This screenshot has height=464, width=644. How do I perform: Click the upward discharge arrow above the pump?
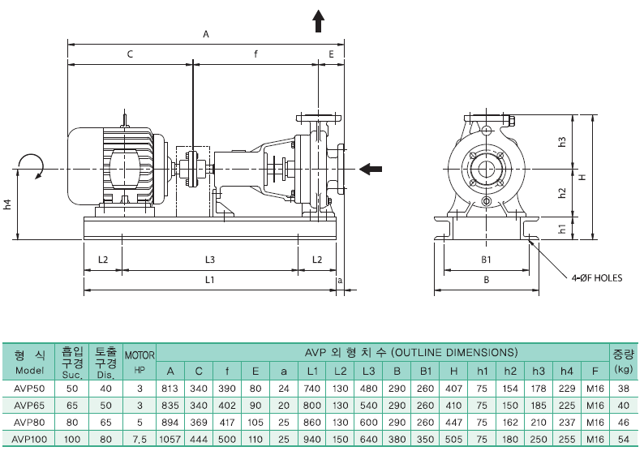319,21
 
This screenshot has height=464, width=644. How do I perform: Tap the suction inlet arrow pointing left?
371,169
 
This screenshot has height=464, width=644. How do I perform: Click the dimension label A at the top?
206,34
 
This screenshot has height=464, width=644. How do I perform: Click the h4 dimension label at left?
7,205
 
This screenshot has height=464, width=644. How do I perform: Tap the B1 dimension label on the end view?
486,260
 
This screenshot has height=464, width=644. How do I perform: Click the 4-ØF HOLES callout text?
596,277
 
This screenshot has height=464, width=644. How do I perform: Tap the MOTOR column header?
140,354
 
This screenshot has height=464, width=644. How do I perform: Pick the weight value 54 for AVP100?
623,439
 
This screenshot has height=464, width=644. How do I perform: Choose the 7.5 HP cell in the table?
140,439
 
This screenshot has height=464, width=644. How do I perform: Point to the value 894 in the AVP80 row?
170,422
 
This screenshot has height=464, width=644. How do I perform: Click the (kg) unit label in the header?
623,369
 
